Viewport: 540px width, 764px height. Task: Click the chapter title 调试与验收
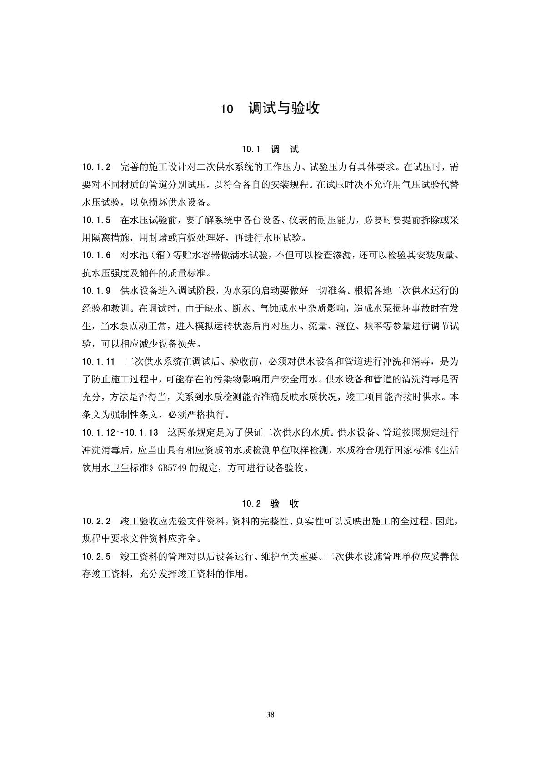284,108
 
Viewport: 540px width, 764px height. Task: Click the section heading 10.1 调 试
270,149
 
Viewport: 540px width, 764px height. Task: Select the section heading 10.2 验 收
270,503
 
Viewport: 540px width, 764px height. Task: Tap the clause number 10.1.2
96,167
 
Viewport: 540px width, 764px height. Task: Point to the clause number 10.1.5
96,221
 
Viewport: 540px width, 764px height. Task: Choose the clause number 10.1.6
96,256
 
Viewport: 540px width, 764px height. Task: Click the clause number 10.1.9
96,291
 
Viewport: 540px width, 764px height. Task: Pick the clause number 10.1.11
99,362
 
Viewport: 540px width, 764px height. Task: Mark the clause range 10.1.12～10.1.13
120,432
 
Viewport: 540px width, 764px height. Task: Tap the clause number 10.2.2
96,521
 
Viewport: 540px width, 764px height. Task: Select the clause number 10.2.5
96,556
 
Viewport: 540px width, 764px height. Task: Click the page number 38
270,714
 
